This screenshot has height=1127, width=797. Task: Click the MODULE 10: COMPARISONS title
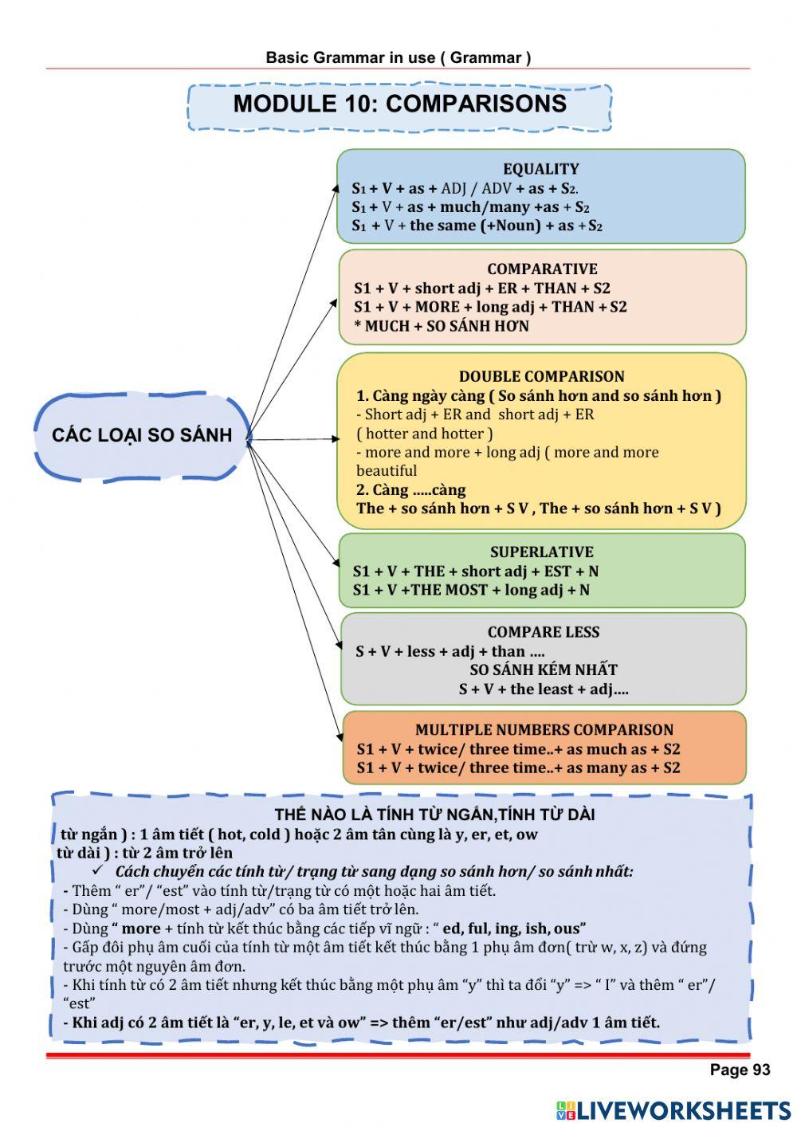click(399, 104)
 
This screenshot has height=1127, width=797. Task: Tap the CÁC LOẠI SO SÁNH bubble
click(142, 435)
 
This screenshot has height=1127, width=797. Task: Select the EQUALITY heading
click(540, 169)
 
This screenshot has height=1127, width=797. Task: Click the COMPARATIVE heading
click(542, 269)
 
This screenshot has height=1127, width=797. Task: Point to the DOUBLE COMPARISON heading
click(541, 377)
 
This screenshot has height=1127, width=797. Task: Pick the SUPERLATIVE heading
click(541, 552)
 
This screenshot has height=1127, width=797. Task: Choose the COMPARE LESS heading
click(543, 633)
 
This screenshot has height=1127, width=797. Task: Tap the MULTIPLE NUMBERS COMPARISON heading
click(544, 730)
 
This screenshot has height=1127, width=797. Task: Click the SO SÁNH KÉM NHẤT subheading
click(543, 670)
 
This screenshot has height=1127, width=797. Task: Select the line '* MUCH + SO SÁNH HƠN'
click(441, 326)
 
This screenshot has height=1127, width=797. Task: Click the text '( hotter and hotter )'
click(424, 434)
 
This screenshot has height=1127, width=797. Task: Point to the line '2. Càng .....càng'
click(410, 490)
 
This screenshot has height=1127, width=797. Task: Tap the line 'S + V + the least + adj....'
click(543, 689)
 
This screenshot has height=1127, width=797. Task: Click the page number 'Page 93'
click(740, 1070)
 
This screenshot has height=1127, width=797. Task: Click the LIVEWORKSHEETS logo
click(673, 1110)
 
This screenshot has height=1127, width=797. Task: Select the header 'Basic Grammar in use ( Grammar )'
click(398, 57)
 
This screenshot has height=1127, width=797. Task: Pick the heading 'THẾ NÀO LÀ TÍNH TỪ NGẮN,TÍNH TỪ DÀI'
click(434, 815)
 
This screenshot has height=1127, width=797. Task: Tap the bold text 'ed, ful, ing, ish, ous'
click(514, 929)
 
